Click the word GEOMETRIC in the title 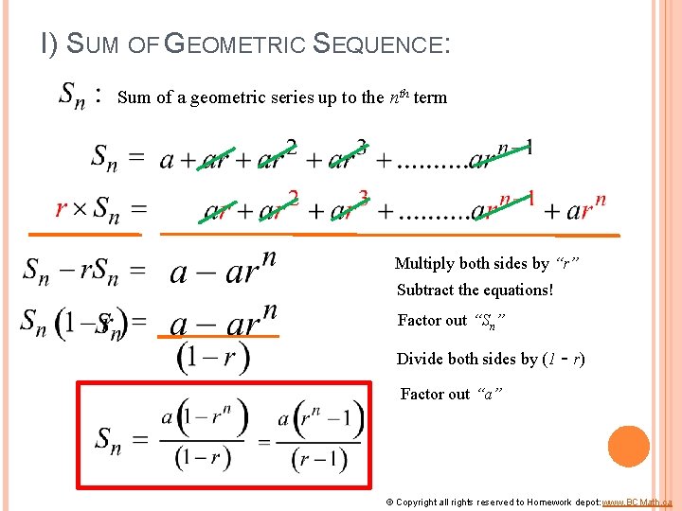235,44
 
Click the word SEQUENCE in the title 377,44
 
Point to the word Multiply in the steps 423,263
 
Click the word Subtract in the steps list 427,290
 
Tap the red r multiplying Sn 62,208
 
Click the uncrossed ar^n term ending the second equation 587,208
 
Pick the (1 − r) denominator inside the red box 203,457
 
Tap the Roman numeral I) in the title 49,44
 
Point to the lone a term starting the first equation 166,159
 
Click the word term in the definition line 430,97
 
